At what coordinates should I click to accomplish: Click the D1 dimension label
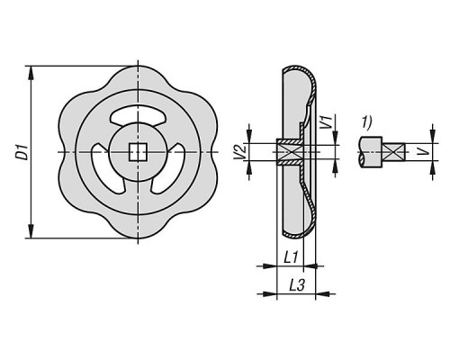(x=22, y=152)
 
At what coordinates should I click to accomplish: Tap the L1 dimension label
(x=291, y=257)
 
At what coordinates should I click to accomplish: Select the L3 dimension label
(x=297, y=285)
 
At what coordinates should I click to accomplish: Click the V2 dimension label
(x=241, y=152)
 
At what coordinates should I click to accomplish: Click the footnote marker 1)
(x=366, y=122)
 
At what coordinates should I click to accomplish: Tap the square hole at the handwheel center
(x=138, y=152)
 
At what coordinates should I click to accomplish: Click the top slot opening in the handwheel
(x=138, y=116)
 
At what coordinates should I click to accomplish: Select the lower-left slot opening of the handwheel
(x=105, y=169)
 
